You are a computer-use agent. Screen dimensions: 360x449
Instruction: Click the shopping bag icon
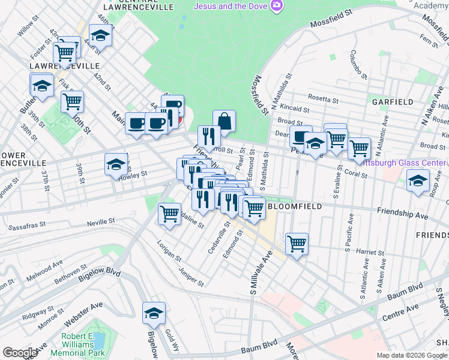224,121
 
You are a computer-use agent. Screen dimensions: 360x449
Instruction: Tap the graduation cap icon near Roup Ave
418,181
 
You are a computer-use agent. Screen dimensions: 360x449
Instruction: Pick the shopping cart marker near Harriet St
297,244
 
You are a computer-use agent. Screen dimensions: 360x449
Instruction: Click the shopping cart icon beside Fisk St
72,101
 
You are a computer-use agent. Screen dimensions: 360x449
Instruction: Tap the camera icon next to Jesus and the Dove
277,6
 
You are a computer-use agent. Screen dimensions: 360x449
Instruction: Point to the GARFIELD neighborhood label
393,102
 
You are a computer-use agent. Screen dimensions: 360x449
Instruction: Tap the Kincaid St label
294,110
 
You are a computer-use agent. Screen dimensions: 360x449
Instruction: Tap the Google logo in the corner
20,353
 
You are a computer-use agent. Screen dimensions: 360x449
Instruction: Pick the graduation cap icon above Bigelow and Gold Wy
154,313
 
